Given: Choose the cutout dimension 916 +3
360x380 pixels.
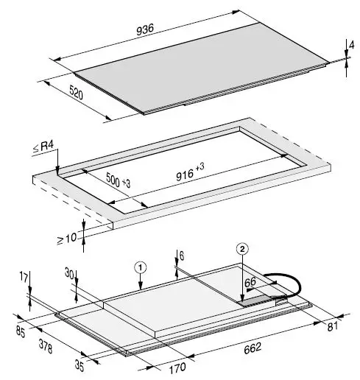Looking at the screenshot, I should [x=183, y=175].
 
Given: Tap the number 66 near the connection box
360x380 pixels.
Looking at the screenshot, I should [x=251, y=282].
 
